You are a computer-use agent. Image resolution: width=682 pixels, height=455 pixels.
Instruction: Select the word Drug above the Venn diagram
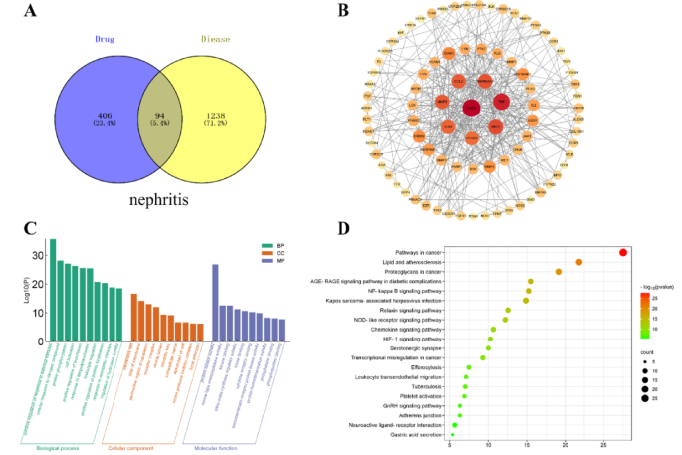click(107, 39)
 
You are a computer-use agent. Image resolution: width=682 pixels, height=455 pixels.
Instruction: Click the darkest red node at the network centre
click(470, 108)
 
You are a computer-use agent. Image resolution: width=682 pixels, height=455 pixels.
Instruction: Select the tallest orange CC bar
click(134, 308)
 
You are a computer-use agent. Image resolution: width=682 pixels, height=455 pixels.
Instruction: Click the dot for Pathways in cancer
click(623, 252)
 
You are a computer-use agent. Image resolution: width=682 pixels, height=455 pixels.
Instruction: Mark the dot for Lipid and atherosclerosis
click(579, 262)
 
